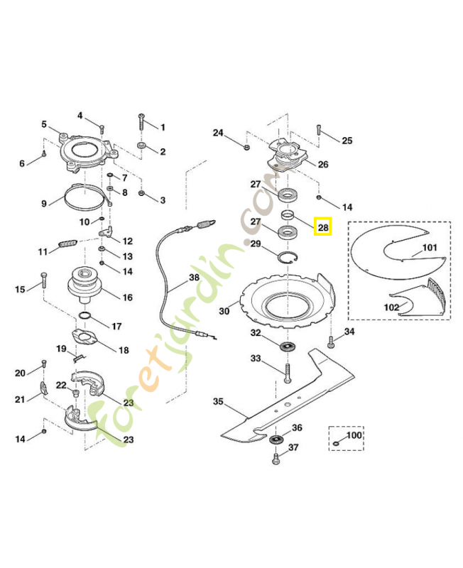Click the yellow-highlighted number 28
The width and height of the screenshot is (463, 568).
tap(323, 227)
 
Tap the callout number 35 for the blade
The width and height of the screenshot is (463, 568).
tap(218, 401)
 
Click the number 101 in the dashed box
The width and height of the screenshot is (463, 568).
tap(430, 248)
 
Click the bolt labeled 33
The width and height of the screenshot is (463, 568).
tap(288, 372)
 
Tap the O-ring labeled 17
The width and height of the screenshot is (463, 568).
tap(85, 315)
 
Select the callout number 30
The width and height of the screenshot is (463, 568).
tap(224, 310)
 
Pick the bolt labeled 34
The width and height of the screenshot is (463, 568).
tap(331, 344)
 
